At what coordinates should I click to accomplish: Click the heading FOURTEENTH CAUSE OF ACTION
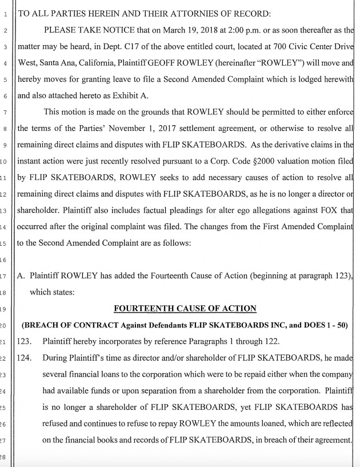click(x=185, y=309)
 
